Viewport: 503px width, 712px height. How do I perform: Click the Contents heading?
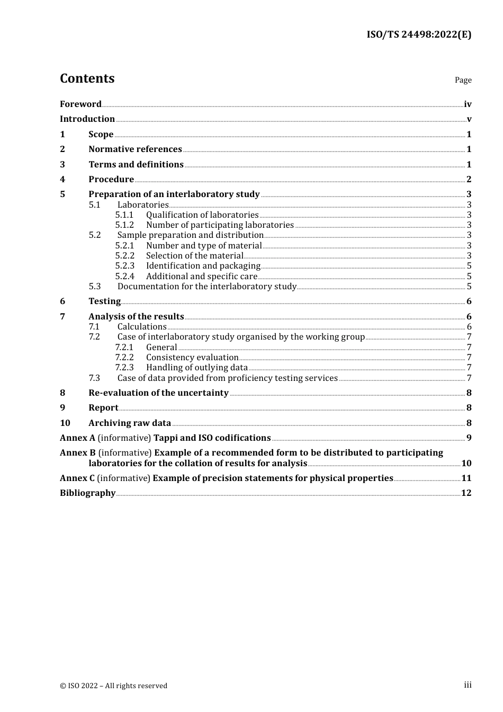[x=87, y=78]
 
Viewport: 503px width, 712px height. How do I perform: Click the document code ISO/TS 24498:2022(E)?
[x=419, y=35]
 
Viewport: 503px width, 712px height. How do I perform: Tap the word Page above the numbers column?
[x=463, y=80]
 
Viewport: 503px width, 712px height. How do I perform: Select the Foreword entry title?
[x=80, y=104]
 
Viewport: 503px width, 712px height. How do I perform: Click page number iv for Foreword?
[x=468, y=104]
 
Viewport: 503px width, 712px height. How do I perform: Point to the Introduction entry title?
[x=87, y=119]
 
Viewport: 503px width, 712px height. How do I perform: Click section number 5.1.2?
[x=124, y=225]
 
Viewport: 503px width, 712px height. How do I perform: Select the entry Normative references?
[x=135, y=149]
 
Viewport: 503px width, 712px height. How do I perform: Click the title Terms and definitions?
[x=136, y=165]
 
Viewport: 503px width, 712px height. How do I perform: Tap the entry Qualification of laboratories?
[x=202, y=215]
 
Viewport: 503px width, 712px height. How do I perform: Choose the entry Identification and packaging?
[x=203, y=266]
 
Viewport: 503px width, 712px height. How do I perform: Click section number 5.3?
[x=95, y=287]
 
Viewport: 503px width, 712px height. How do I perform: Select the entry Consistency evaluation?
[x=192, y=358]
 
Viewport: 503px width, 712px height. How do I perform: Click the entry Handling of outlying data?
[x=197, y=368]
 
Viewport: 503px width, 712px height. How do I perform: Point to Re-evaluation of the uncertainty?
[x=158, y=393]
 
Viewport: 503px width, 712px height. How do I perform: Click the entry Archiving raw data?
[x=130, y=423]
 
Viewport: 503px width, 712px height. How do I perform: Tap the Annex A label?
[x=78, y=438]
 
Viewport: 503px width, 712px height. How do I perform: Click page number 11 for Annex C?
[x=466, y=478]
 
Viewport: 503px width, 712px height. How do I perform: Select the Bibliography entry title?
[x=87, y=493]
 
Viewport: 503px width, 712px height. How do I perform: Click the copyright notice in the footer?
[x=113, y=686]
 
